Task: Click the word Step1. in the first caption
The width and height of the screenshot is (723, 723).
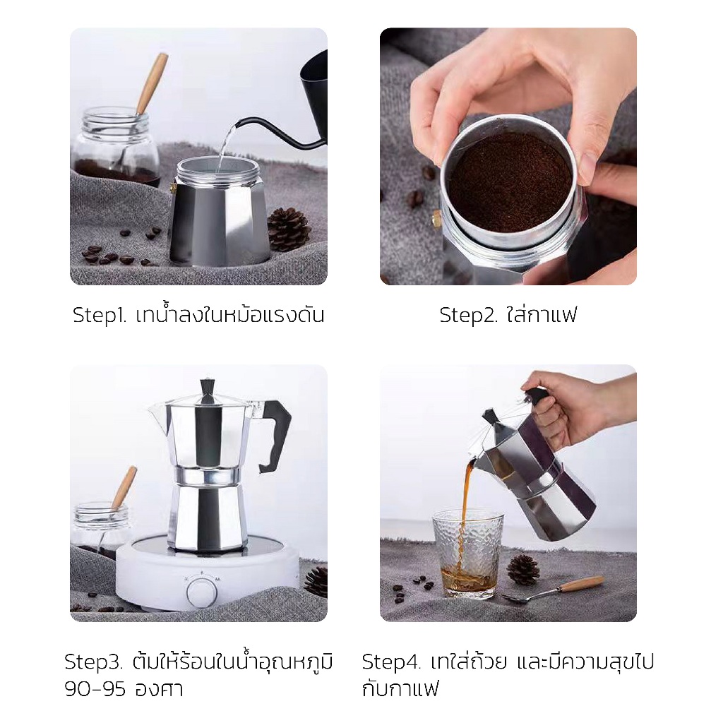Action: click(99, 316)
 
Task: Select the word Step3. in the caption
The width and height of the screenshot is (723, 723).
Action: click(93, 662)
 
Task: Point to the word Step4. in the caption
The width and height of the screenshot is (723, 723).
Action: click(391, 662)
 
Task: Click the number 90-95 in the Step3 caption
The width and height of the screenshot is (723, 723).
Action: click(95, 689)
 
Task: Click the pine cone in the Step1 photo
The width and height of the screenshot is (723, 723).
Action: click(289, 229)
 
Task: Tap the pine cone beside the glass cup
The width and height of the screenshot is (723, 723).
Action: click(523, 570)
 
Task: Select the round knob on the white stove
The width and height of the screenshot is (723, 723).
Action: click(201, 590)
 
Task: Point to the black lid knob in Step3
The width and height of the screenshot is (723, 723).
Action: click(208, 390)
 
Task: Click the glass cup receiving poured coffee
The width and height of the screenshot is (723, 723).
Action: click(467, 554)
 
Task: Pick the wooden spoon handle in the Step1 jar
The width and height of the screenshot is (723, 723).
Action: click(153, 83)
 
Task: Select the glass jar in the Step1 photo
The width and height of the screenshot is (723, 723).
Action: click(114, 147)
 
